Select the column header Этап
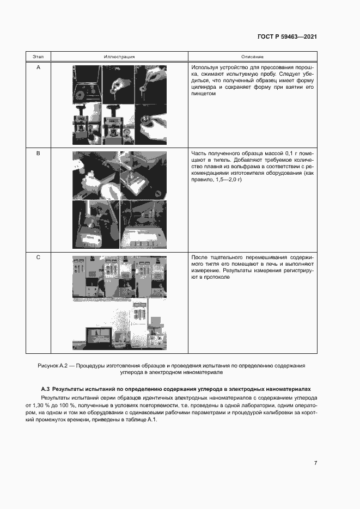coord(38,57)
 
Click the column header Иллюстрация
coord(119,57)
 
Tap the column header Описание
coord(252,57)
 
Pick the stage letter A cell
coord(38,67)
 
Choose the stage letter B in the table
coord(38,154)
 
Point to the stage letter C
coord(38,257)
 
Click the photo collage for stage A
coord(120,105)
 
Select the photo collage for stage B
coord(120,197)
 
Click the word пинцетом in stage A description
coord(204,94)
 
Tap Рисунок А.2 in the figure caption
coord(55,366)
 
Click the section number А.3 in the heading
coord(45,390)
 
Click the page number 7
coord(315,463)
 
